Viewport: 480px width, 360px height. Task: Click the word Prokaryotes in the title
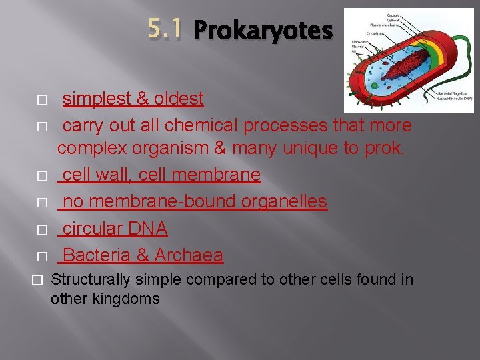[x=262, y=31]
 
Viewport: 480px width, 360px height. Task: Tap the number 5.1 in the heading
[x=164, y=29]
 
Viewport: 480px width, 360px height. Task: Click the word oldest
[x=179, y=99]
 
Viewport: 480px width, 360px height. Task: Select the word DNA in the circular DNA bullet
[x=147, y=229]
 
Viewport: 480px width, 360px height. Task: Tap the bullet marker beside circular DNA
[x=41, y=230]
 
